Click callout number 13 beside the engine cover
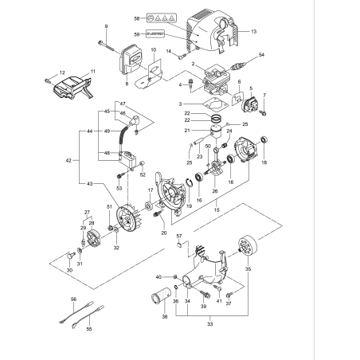click(x=253, y=32)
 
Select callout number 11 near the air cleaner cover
click(x=92, y=72)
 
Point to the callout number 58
click(x=136, y=18)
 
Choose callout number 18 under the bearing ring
click(x=264, y=162)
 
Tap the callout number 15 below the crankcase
click(x=217, y=209)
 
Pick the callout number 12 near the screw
click(x=52, y=73)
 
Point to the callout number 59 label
click(x=136, y=33)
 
